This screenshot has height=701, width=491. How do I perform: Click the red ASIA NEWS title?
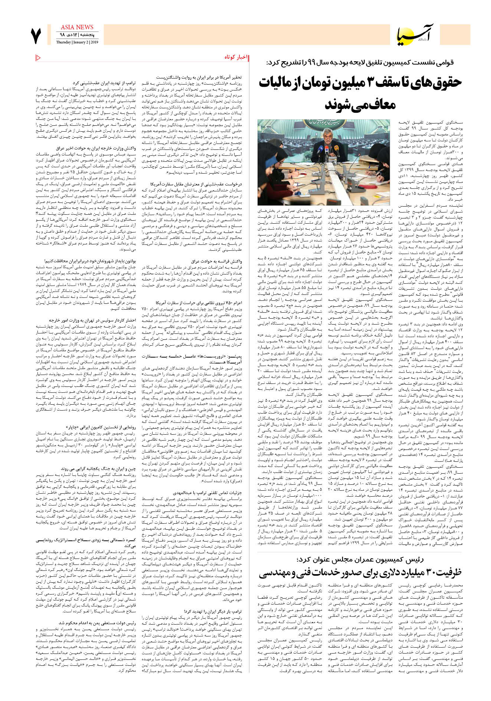point(77,27)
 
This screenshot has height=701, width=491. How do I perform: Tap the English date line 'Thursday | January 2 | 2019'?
point(77,42)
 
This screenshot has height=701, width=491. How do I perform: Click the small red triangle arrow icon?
point(38,57)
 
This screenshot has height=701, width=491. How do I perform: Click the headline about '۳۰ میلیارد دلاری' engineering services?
point(360,573)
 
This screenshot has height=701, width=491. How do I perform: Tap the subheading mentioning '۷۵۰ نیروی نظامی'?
point(199,303)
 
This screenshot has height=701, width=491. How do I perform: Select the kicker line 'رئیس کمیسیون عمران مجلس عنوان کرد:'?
point(360,559)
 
